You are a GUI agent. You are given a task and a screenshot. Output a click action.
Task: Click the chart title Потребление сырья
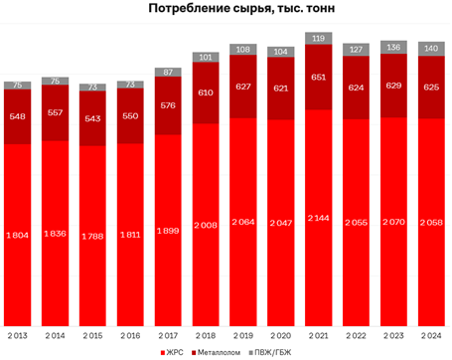[226, 10]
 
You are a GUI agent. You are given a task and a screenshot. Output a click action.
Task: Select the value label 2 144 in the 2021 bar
[320, 218]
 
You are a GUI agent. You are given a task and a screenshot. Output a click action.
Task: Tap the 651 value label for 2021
[320, 78]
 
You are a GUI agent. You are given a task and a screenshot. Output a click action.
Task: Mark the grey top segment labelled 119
[320, 38]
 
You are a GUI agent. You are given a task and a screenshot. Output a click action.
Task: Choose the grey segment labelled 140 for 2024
[432, 48]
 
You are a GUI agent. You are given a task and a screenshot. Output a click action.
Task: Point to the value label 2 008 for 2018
[208, 225]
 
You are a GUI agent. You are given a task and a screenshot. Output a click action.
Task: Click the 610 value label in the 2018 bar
[208, 91]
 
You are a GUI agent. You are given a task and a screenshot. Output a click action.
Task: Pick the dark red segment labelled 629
[395, 85]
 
